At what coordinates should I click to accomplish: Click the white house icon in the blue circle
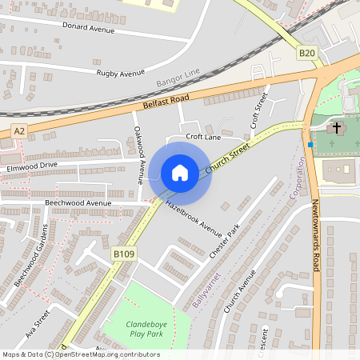[180, 173]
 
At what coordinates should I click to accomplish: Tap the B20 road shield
[307, 53]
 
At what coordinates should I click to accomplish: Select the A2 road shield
[19, 130]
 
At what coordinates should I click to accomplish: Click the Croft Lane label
[203, 137]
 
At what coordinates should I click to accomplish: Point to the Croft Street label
[257, 110]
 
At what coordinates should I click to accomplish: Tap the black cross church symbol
[337, 127]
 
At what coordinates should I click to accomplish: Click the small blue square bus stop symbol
[310, 144]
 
